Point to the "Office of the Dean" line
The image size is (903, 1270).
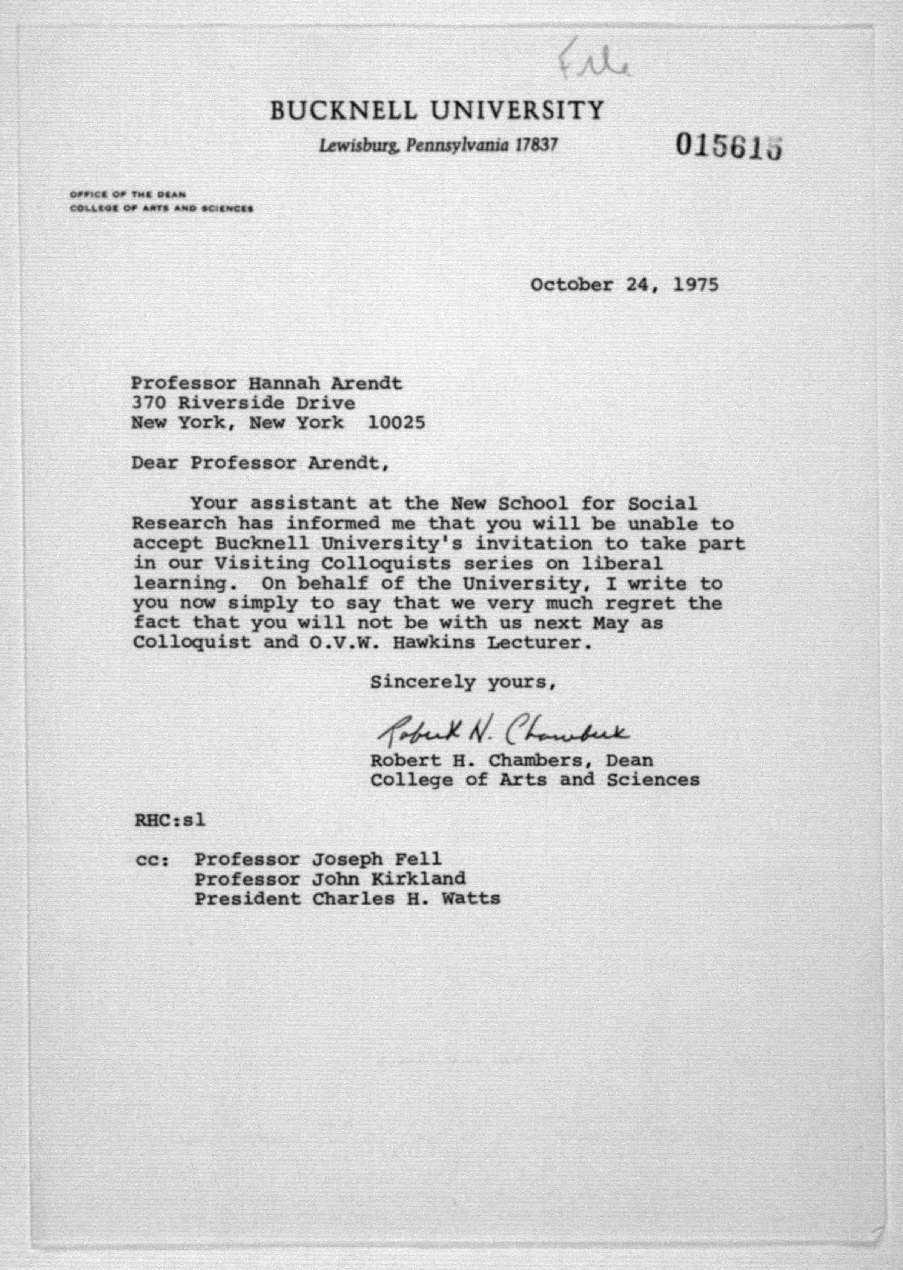pyautogui.click(x=128, y=195)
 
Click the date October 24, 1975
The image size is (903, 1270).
pyautogui.click(x=624, y=285)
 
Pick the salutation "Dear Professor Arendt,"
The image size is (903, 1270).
pyautogui.click(x=260, y=463)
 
